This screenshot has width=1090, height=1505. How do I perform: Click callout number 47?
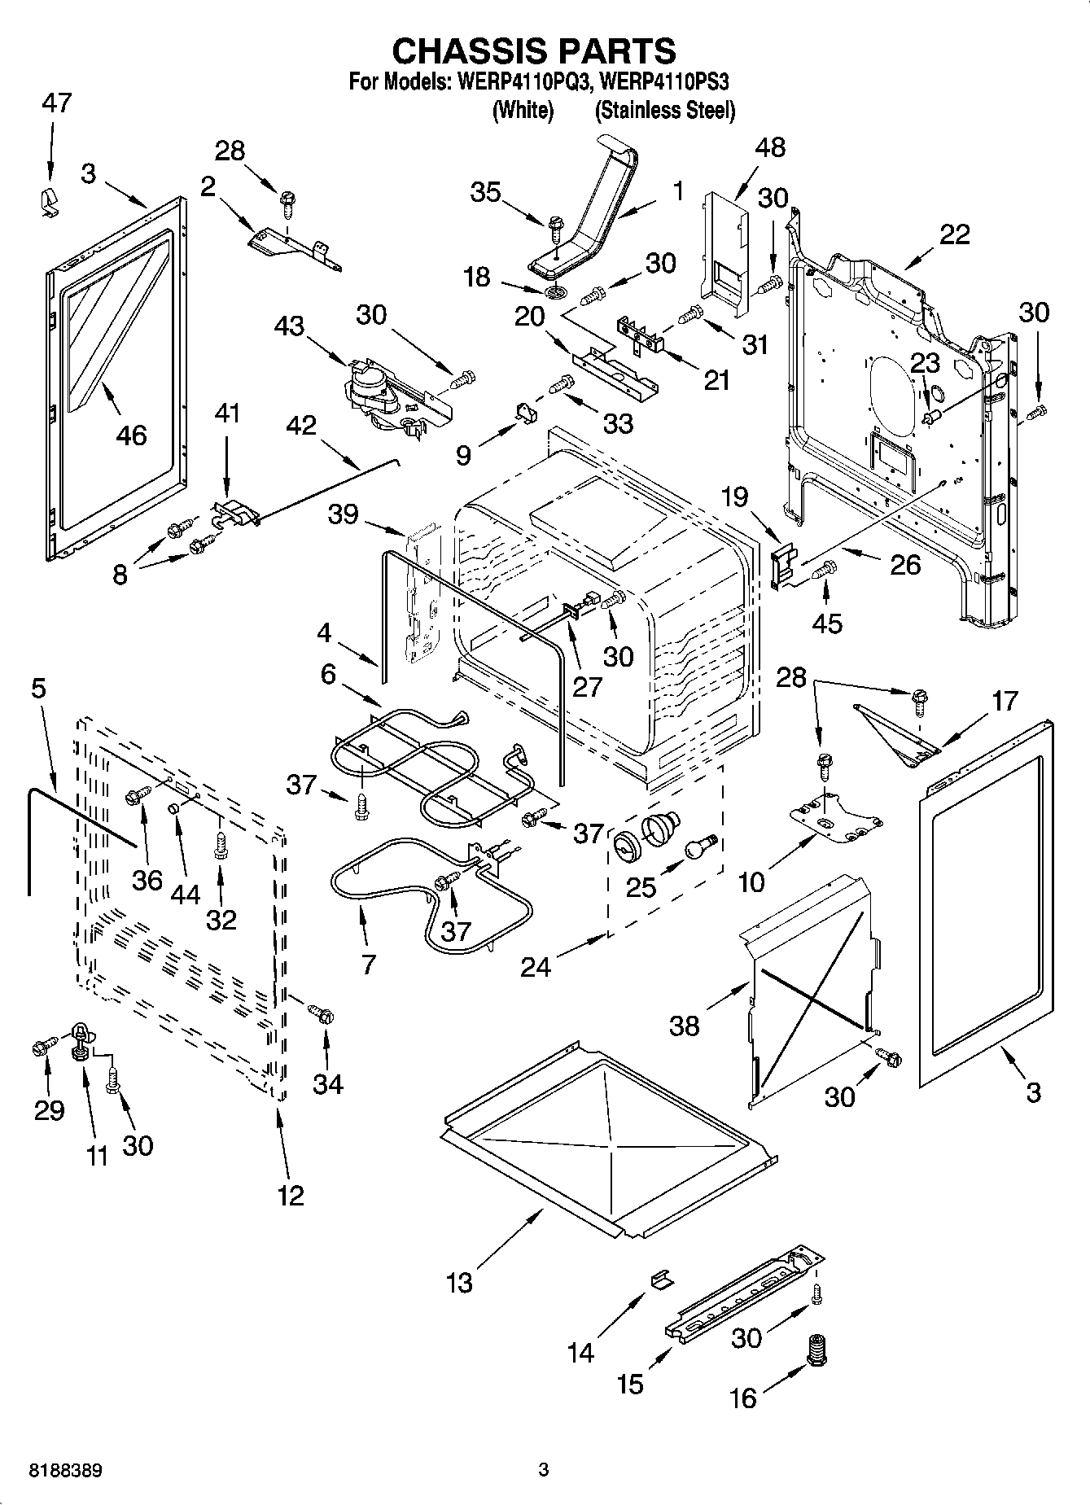tap(56, 103)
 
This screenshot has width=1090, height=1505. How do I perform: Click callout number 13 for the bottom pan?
tap(459, 1283)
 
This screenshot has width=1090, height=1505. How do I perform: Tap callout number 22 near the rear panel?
tap(954, 234)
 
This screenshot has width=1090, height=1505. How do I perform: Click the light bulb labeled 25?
tap(699, 847)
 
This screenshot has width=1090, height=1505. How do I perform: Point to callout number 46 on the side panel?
tap(131, 435)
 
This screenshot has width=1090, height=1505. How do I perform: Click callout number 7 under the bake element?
tap(368, 965)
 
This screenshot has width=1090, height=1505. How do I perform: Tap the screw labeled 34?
tap(322, 1014)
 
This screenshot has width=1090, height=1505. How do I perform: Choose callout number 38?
tap(684, 1026)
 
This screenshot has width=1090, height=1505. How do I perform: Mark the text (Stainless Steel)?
tap(664, 111)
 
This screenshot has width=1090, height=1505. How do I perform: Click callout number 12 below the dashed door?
tap(291, 1195)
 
